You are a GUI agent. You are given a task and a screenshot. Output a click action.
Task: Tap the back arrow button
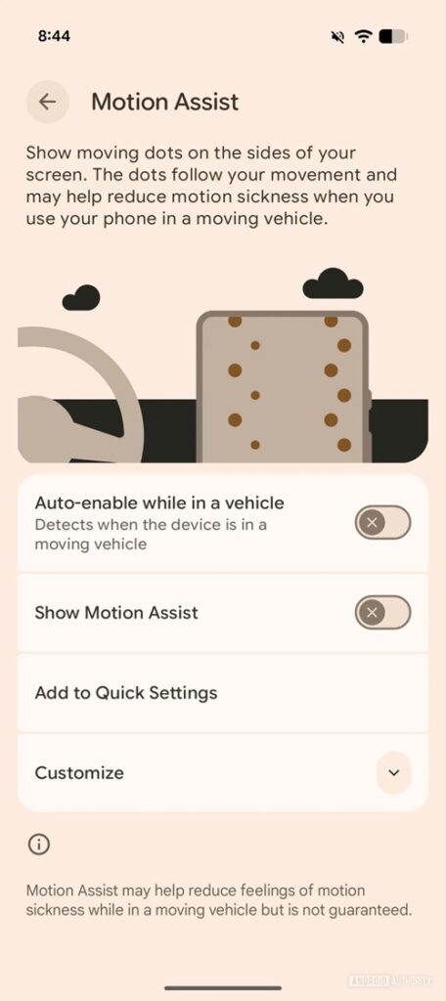pos(47,102)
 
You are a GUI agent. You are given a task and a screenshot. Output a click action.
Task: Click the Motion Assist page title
pos(165,102)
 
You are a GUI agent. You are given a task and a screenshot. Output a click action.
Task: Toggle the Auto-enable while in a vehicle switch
pos(382,523)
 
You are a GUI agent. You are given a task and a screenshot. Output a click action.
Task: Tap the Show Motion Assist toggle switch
pos(382,613)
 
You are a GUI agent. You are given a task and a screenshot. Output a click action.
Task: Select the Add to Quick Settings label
pos(126,693)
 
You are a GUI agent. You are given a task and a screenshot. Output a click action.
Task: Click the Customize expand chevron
pos(393,772)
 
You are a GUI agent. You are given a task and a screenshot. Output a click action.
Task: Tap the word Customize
pos(79,773)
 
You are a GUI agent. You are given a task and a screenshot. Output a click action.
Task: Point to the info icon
pos(39,845)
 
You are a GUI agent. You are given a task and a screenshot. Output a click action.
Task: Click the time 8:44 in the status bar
pos(54,36)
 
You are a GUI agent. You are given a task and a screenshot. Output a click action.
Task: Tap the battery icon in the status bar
pos(392,36)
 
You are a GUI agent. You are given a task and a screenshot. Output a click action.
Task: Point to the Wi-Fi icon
pos(364,36)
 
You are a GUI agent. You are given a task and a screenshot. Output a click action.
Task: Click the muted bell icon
pos(337,36)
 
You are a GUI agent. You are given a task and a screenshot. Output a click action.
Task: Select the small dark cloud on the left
pos(81,297)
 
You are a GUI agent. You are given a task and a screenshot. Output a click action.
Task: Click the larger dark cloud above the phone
pos(333,284)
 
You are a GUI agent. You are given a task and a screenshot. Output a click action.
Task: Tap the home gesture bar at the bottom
pos(223,987)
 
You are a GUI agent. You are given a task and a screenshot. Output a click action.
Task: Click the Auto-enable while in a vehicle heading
pos(159,503)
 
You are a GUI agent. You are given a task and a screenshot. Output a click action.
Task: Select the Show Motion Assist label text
pos(116,613)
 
